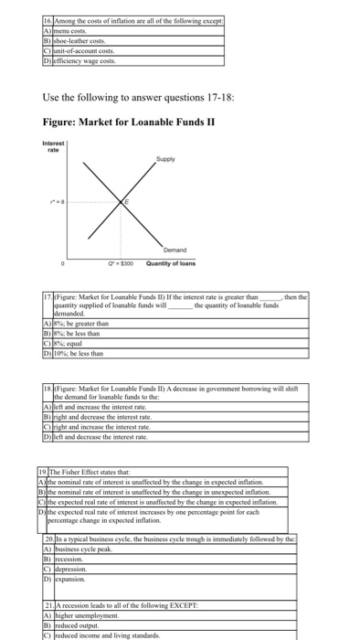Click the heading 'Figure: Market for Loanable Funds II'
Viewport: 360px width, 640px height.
point(122,122)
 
